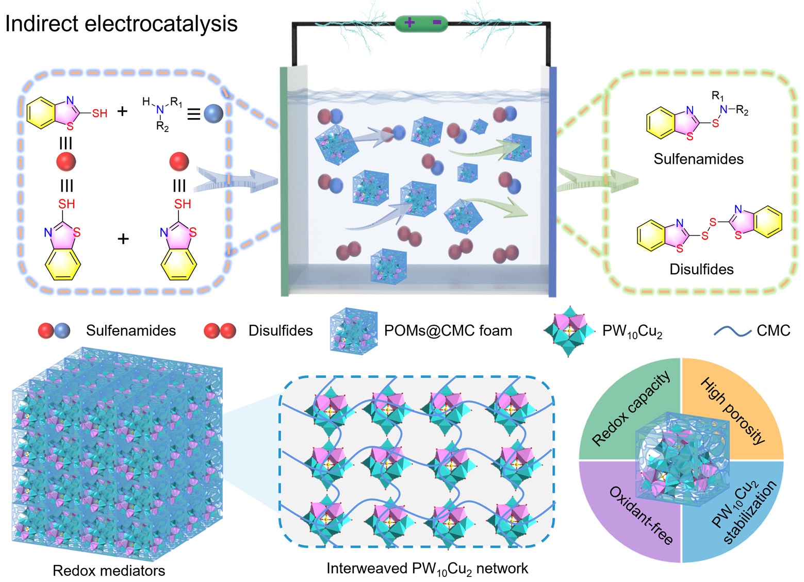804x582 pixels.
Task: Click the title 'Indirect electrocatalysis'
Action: (121, 24)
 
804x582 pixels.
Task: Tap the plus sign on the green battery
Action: (409, 23)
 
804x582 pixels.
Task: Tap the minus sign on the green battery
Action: (436, 23)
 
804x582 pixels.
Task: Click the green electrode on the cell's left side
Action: (284, 180)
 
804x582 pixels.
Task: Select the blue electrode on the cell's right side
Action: (552, 180)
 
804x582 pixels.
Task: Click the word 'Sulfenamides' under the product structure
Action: (698, 159)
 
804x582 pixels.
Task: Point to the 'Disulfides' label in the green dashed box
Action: (701, 269)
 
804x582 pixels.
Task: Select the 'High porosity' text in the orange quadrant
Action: (733, 410)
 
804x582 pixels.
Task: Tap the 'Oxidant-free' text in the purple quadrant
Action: (641, 514)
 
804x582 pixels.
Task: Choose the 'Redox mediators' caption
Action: (109, 571)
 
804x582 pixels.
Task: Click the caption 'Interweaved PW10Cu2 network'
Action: (427, 569)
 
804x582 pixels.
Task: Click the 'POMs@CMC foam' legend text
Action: (448, 330)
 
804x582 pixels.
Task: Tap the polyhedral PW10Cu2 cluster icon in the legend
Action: (569, 330)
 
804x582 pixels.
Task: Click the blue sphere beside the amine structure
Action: (214, 113)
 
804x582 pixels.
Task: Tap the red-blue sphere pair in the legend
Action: (54, 330)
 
